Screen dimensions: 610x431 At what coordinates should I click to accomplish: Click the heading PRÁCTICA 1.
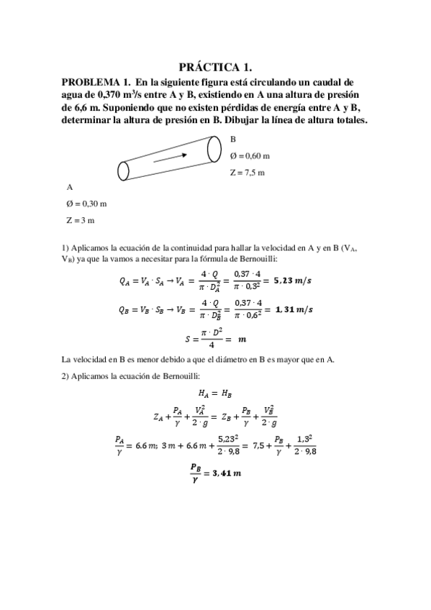[x=215, y=67]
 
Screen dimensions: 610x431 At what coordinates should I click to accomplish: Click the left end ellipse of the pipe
[x=124, y=170]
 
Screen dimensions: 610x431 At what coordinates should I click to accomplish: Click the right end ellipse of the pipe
[x=214, y=149]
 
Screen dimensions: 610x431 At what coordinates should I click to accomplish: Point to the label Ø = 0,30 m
[x=86, y=204]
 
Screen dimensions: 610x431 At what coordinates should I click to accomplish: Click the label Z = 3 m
[x=81, y=220]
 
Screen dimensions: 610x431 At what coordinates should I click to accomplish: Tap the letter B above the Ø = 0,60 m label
[x=233, y=140]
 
